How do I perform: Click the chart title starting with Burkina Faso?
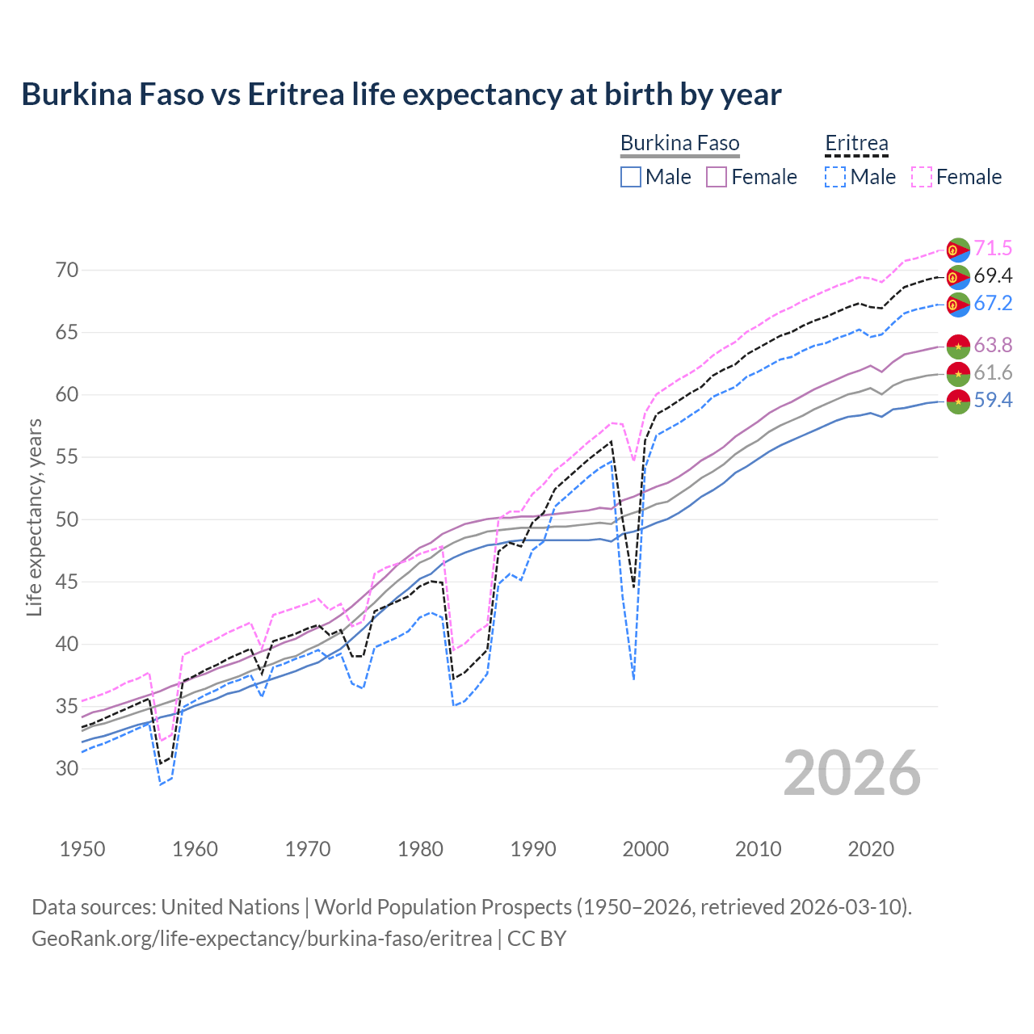tap(401, 95)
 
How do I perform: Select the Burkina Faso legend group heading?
tap(679, 143)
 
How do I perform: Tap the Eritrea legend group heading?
tap(856, 143)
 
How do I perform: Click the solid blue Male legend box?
tap(631, 177)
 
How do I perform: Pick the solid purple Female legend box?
tap(717, 177)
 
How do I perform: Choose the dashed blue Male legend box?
tap(835, 177)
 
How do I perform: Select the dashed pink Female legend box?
tap(922, 177)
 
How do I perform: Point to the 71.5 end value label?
tap(993, 249)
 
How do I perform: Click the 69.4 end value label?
tap(993, 276)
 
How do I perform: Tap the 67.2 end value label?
tap(993, 304)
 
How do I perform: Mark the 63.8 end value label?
tap(993, 346)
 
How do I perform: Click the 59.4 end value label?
tap(993, 401)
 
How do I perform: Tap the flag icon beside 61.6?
tap(958, 373)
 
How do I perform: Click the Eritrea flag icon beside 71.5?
tap(958, 250)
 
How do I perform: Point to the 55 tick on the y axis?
tap(67, 457)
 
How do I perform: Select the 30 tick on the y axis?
tap(67, 768)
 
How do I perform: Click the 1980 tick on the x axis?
tap(420, 849)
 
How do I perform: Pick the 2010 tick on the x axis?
tap(758, 849)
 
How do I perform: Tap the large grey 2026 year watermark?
tap(852, 773)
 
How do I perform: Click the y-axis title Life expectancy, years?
tap(34, 517)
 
